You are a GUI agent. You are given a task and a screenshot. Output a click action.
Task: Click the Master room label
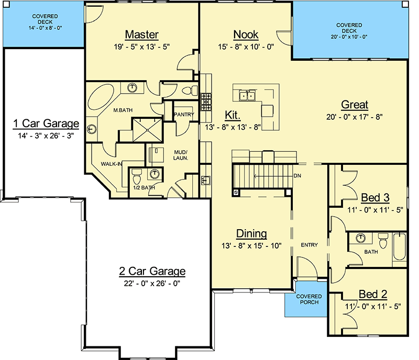[142, 35]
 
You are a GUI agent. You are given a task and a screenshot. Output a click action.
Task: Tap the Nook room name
[246, 35]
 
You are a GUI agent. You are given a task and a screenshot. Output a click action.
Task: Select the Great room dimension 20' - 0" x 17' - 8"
[355, 117]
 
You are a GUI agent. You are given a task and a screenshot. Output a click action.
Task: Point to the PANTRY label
[184, 115]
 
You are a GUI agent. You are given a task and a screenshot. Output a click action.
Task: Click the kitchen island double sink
[247, 95]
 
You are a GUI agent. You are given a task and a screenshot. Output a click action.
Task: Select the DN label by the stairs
[297, 176]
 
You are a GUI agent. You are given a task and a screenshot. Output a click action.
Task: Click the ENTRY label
[309, 245]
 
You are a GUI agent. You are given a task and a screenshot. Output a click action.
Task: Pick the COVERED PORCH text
[309, 299]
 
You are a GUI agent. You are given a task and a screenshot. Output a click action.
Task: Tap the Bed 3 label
[375, 198]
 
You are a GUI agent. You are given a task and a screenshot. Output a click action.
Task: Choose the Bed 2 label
[373, 294]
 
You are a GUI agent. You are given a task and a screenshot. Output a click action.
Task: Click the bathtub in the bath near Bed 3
[400, 246]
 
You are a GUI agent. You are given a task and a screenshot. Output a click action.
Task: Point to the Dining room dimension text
[251, 246]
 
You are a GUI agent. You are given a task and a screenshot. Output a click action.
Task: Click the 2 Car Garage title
[152, 271]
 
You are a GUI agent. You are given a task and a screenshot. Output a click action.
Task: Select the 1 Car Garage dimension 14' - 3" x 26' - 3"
[46, 136]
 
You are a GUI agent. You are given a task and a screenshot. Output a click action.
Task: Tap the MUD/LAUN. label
[181, 155]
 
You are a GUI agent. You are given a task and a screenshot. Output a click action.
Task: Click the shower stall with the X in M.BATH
[148, 130]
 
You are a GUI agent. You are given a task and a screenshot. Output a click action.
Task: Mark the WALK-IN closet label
[112, 164]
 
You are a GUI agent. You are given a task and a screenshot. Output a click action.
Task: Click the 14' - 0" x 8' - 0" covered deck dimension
[46, 28]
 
